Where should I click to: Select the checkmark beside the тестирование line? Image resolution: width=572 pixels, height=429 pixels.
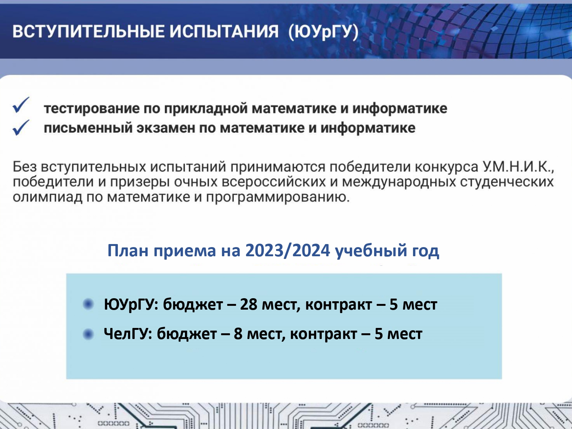[21, 105]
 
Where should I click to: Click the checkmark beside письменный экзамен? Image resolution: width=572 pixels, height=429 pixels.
[21, 127]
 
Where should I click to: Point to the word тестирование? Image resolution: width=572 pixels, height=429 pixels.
[92, 109]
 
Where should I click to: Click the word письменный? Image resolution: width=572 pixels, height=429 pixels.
[88, 128]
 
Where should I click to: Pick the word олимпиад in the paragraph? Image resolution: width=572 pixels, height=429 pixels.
[47, 197]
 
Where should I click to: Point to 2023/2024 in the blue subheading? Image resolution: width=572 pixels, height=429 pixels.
[288, 251]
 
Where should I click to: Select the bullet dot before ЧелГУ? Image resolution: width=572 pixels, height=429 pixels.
[88, 334]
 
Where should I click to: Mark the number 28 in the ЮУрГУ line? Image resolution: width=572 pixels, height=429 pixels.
[249, 304]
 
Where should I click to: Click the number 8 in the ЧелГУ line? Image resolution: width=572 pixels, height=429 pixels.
[238, 334]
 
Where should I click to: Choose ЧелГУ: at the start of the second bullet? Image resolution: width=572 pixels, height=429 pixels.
[128, 334]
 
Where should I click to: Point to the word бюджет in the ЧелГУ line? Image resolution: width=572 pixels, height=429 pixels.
[187, 334]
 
